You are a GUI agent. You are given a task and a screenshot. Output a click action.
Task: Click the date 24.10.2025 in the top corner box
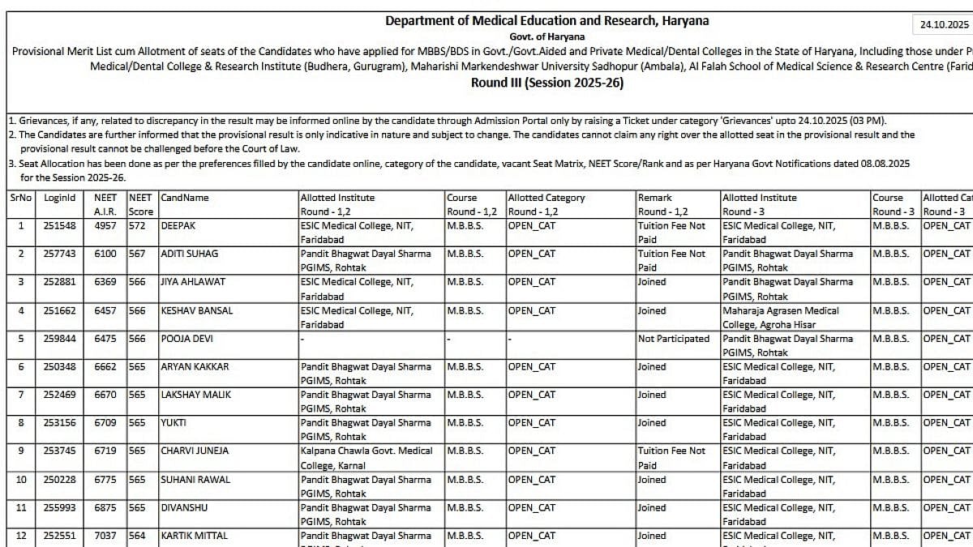tap(944, 25)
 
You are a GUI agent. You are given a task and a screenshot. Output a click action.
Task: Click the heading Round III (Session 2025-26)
tap(547, 83)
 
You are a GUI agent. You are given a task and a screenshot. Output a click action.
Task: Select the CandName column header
tap(185, 197)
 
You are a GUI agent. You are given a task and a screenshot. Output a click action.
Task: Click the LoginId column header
tap(60, 197)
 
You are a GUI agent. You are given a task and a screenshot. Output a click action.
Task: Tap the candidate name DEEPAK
tap(180, 225)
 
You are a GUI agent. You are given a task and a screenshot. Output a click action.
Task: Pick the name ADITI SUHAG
tap(190, 254)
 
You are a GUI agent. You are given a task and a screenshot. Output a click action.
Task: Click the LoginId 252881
tap(60, 282)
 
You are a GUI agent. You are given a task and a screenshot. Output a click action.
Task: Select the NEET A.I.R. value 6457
tap(105, 310)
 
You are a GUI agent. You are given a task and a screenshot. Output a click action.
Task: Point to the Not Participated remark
tap(673, 339)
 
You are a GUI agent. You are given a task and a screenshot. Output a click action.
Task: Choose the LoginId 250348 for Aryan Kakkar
tap(60, 366)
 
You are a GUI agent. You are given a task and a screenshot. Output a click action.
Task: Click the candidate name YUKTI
tap(174, 422)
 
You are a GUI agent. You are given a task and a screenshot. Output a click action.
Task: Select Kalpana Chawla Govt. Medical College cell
tap(366, 457)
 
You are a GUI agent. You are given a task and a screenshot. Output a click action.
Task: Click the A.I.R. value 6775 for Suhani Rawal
tap(105, 479)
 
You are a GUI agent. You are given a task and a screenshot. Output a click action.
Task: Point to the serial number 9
tap(21, 451)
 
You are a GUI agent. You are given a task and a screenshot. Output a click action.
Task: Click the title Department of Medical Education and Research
tap(547, 20)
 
